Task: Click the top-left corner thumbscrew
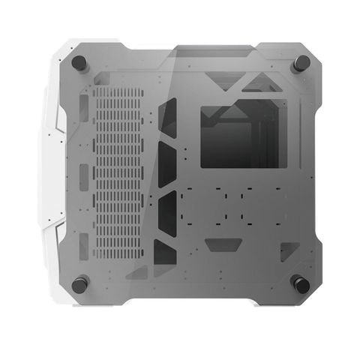[79, 63]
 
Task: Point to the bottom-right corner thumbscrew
[301, 283]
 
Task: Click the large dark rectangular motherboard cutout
[243, 136]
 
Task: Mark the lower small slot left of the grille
[82, 243]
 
